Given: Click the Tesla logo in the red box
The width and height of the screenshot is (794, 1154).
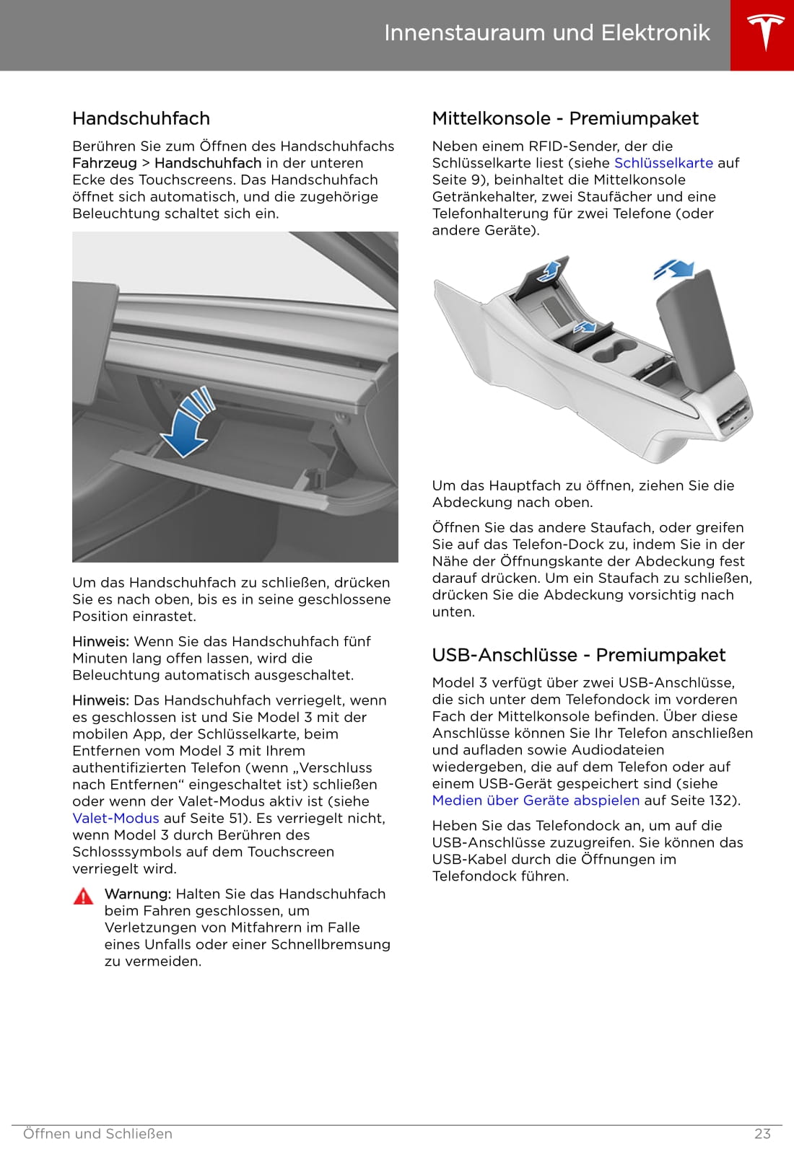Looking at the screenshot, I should coord(762,34).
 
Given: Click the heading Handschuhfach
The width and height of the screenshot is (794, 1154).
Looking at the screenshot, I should coord(141,118).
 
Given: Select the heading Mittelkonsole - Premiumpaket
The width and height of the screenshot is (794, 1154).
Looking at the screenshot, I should coord(565,118).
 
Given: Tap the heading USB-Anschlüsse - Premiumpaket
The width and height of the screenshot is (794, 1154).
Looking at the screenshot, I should coord(578,655).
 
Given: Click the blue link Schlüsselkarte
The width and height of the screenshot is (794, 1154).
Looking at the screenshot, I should coord(663,163).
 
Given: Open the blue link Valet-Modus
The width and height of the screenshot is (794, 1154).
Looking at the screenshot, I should coord(115,818).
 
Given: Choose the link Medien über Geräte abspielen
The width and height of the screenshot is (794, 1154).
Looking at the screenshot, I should coord(536,800).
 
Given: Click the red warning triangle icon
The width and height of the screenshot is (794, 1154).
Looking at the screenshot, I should coord(84,896).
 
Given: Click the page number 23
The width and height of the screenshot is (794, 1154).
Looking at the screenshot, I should coord(762,1134).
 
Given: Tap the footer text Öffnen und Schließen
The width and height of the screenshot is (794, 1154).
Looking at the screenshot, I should coord(97,1134).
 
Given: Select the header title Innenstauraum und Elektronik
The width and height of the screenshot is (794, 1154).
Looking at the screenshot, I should coord(546,33).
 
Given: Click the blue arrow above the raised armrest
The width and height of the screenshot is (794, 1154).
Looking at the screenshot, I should coord(674,269).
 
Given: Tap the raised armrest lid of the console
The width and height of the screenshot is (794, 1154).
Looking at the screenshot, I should coord(694,325).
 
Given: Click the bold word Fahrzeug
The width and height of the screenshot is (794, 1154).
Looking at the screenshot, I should coord(104,163).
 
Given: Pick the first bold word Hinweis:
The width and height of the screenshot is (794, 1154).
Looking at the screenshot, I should coord(100,641).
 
